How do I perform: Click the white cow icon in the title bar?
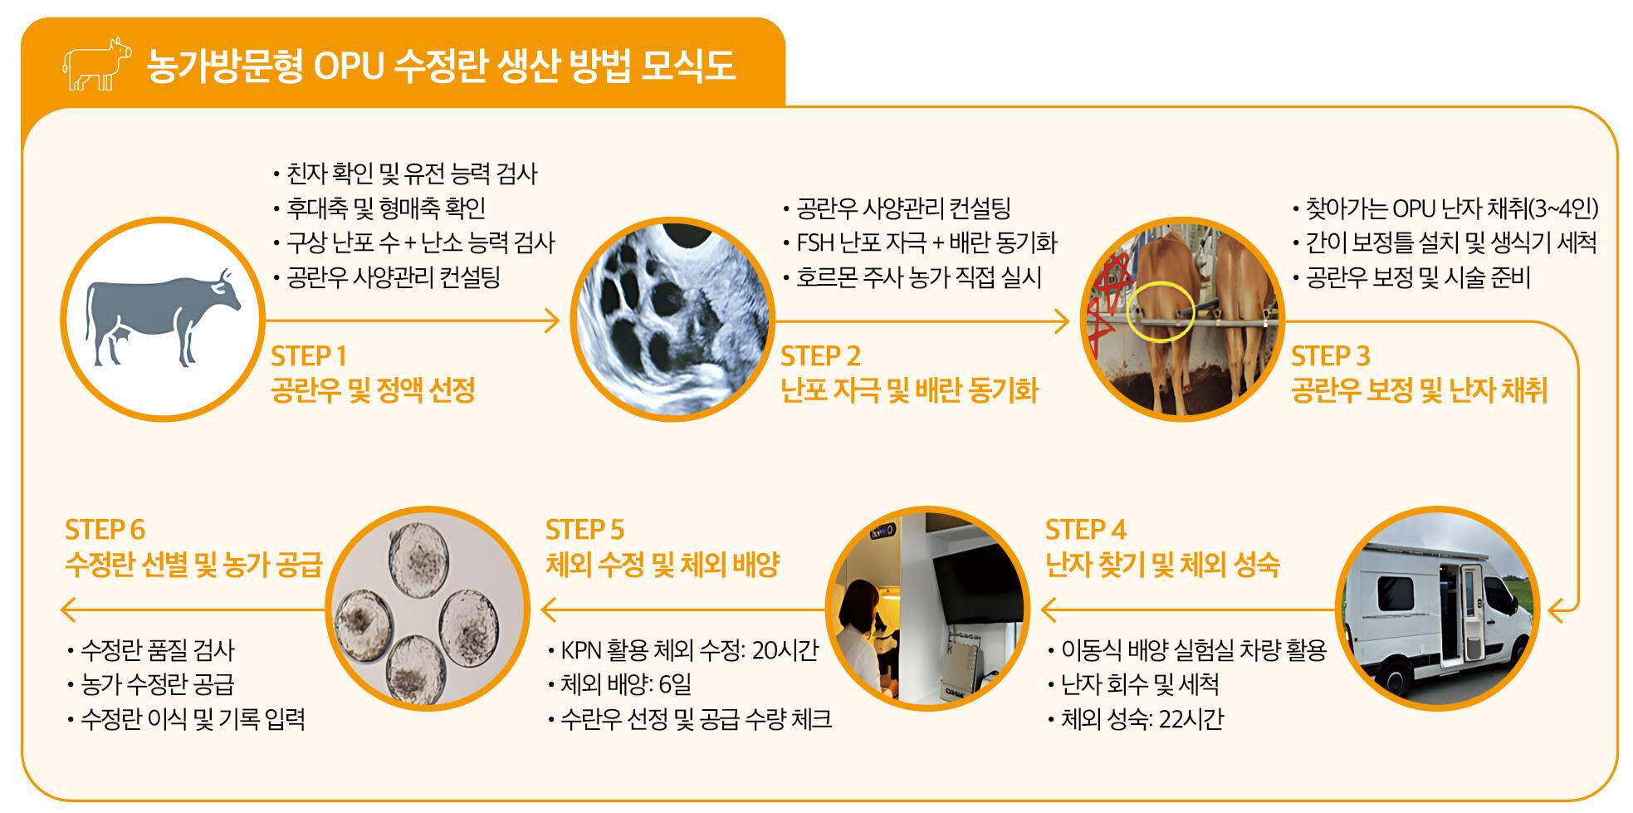coord(97,64)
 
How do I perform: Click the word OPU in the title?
coord(348,66)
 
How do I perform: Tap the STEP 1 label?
coord(309,356)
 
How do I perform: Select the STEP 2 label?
coord(820,356)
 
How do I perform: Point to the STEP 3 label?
coord(1330,356)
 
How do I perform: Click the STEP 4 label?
coord(1086,530)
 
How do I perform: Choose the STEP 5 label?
coord(585,530)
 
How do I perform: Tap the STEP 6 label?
coord(105,530)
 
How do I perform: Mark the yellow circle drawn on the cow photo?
coord(1161,312)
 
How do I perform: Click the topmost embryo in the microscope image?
coord(419,561)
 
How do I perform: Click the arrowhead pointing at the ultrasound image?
coord(552,321)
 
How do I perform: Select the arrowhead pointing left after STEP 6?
coord(70,610)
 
